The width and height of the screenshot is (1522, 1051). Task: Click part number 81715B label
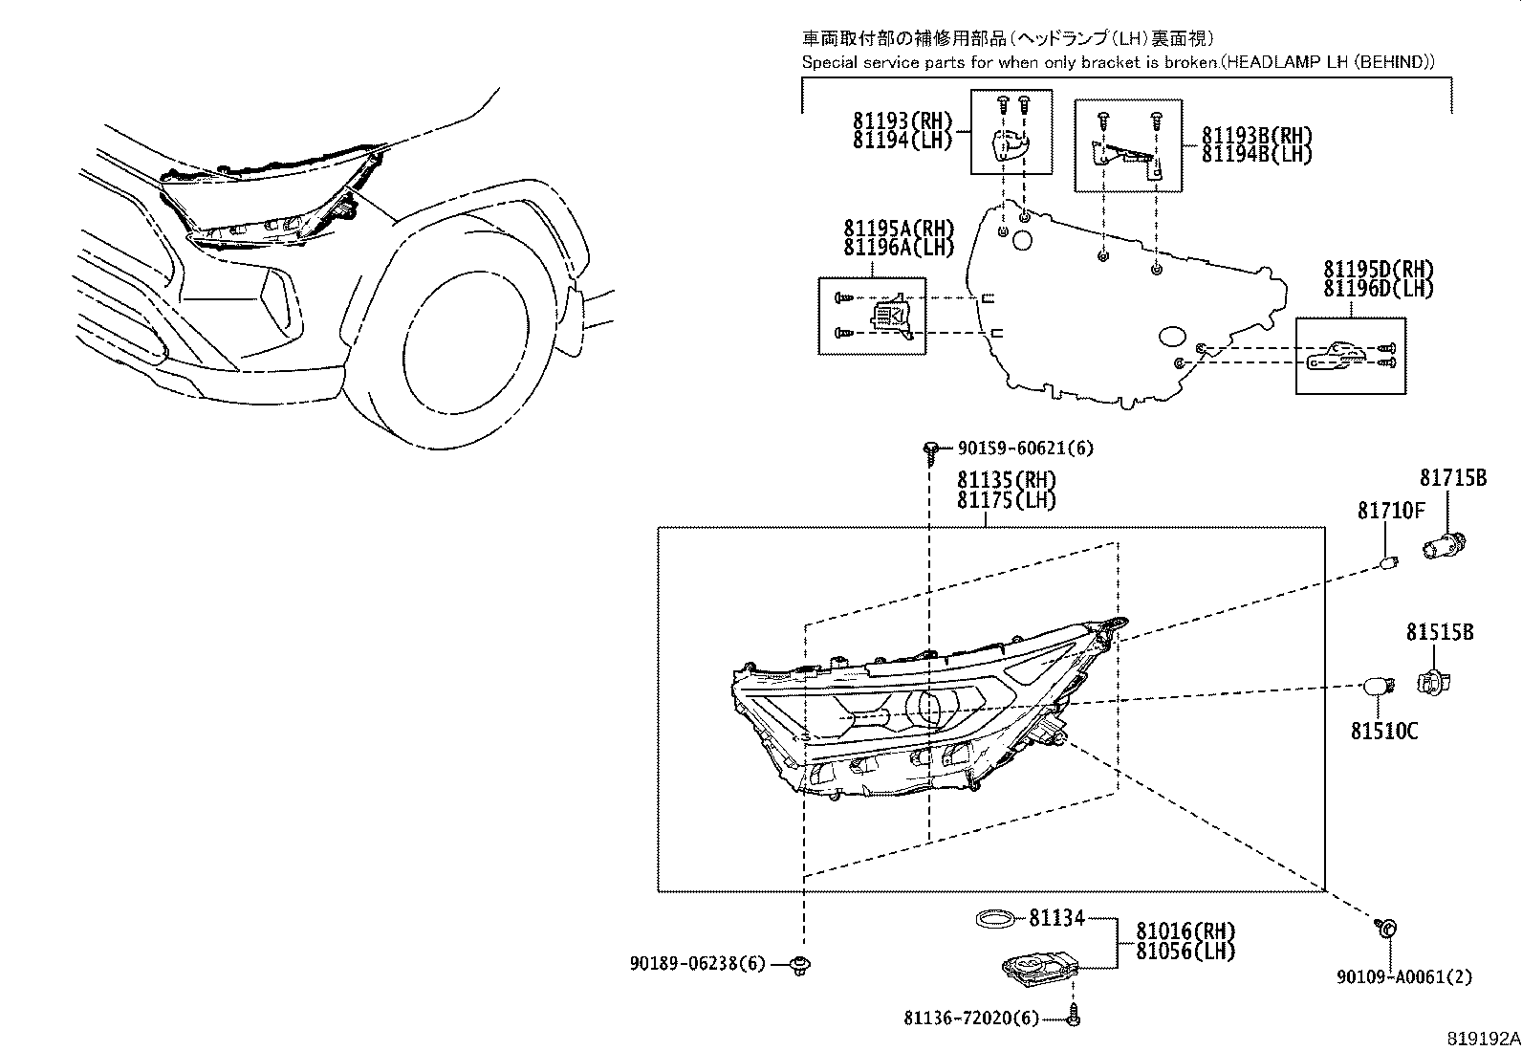(x=1452, y=478)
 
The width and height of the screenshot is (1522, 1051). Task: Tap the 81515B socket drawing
(x=1431, y=680)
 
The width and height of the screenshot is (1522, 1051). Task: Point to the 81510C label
(x=1383, y=732)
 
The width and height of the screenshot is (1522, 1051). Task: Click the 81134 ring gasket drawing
(x=995, y=919)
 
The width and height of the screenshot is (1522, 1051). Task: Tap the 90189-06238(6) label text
(x=697, y=964)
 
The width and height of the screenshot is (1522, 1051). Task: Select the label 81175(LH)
(x=1006, y=501)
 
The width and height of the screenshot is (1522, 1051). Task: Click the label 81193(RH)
(x=902, y=120)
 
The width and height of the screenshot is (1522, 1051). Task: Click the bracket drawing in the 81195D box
(x=1334, y=357)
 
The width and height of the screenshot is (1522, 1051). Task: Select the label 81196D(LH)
(x=1378, y=288)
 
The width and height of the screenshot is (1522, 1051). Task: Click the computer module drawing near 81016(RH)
(x=1035, y=969)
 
